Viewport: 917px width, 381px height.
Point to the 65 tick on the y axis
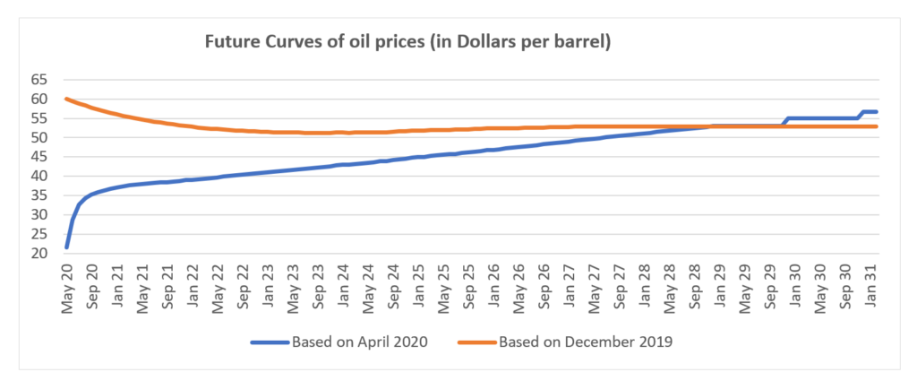coord(39,80)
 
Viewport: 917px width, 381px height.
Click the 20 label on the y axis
coord(39,254)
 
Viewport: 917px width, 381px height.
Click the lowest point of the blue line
coord(67,247)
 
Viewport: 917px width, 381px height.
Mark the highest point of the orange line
coord(66,99)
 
